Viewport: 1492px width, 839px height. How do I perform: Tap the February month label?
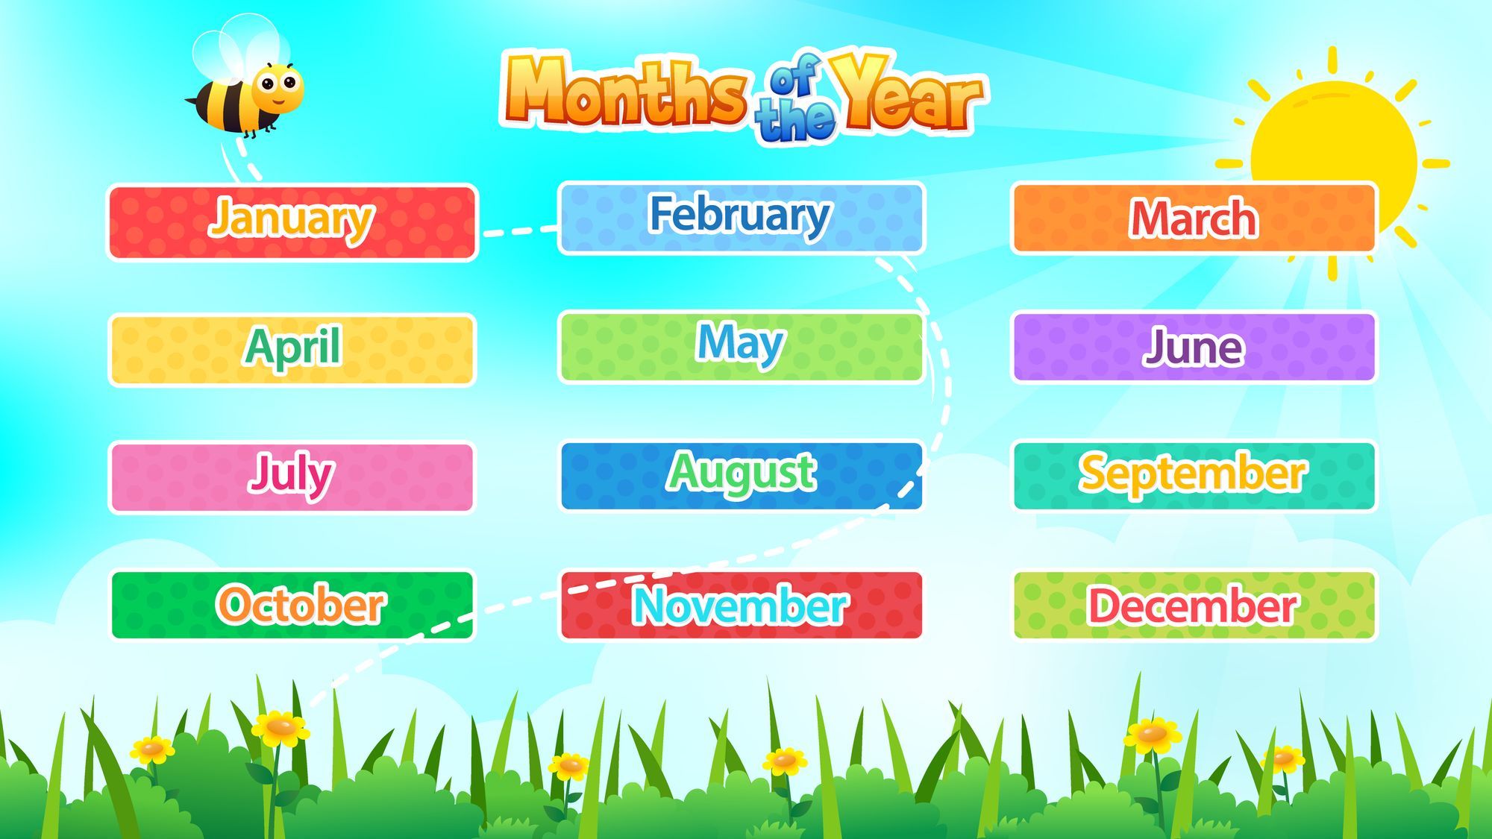(739, 216)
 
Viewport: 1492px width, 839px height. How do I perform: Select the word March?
(1194, 219)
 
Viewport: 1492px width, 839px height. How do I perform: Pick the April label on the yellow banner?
(292, 348)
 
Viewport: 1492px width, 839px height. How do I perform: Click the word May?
(739, 344)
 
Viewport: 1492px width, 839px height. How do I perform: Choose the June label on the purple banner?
(1194, 348)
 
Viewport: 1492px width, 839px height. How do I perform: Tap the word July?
(291, 474)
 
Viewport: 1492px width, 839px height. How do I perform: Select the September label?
(1193, 474)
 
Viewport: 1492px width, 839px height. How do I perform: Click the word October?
(301, 604)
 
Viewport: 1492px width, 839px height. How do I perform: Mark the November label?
(740, 605)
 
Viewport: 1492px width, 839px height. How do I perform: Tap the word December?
(1193, 605)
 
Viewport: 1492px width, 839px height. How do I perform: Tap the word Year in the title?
(906, 93)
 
